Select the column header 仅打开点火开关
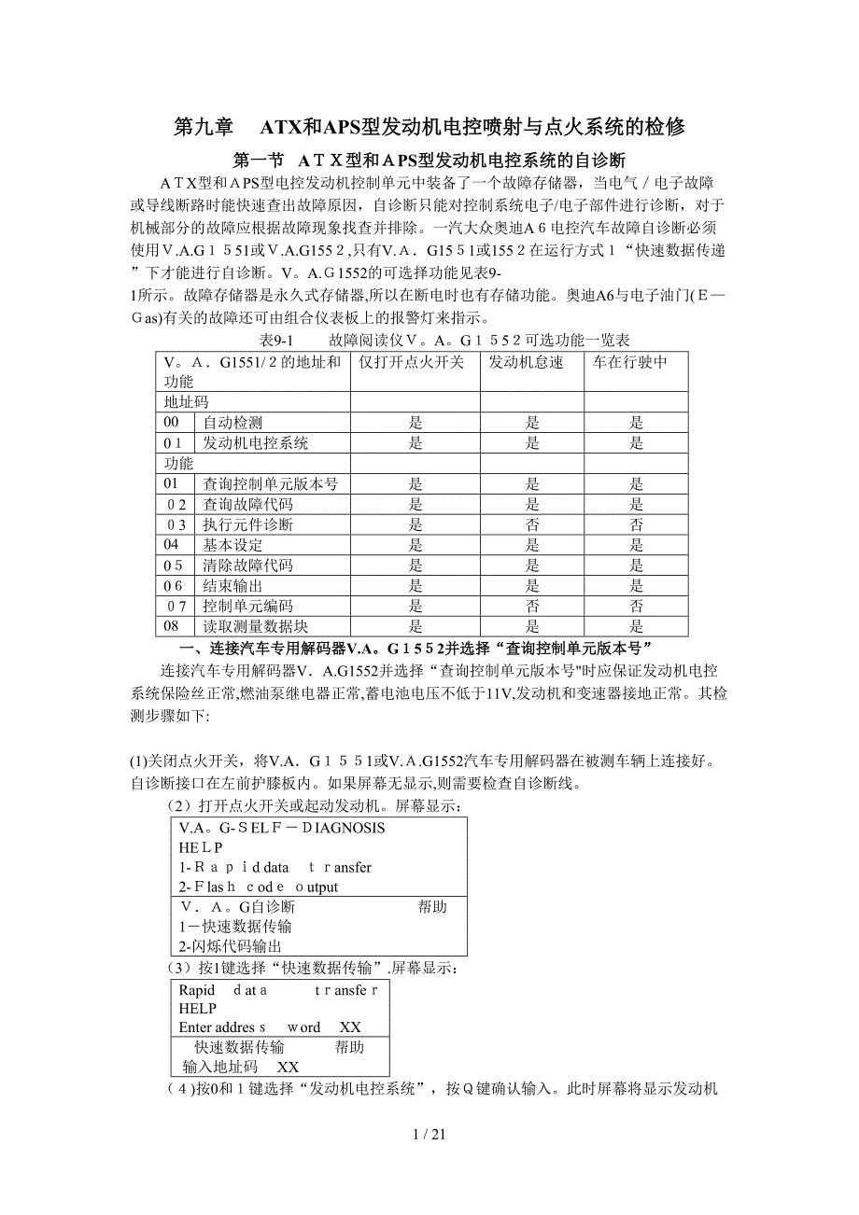411,362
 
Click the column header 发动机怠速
527,362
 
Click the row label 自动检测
232,423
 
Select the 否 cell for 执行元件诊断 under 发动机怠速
532,524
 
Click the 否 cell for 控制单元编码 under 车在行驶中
636,606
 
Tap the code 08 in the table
171,626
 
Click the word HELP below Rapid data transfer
197,1009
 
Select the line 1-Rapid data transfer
275,867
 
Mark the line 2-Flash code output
259,887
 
